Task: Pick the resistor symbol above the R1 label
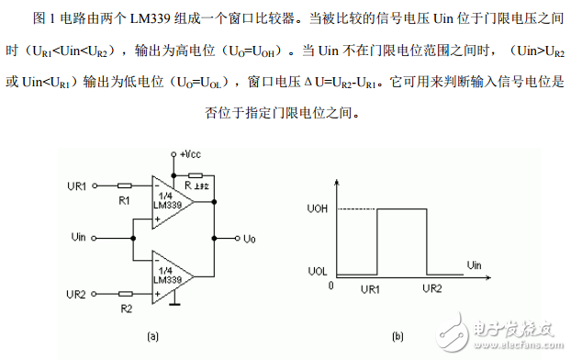point(124,186)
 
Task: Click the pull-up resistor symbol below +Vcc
point(196,174)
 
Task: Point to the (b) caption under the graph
point(397,337)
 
